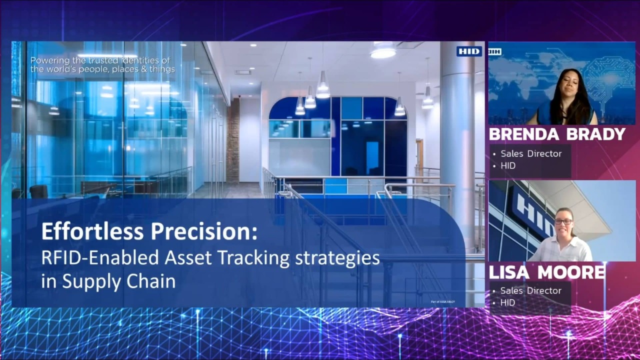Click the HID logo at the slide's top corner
[x=469, y=51]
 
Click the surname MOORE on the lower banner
[x=568, y=272]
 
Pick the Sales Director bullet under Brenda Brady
[x=531, y=153]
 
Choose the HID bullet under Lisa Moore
[x=507, y=302]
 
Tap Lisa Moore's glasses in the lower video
[x=563, y=221]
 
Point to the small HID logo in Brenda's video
[x=494, y=51]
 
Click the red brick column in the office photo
[x=232, y=140]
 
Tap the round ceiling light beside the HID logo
[x=383, y=51]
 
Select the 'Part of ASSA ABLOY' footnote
[x=443, y=301]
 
